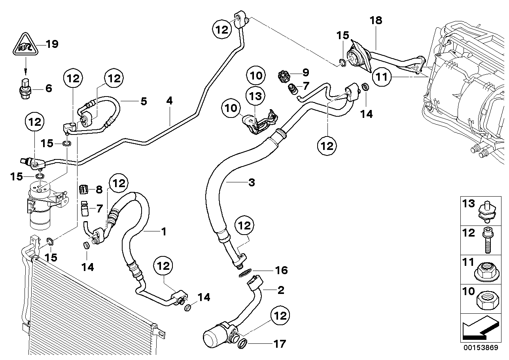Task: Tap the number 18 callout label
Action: (x=376, y=21)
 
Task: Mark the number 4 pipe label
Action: (x=170, y=101)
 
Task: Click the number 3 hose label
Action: (x=252, y=183)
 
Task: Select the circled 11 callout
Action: (x=382, y=77)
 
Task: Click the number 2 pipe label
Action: (x=280, y=291)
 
